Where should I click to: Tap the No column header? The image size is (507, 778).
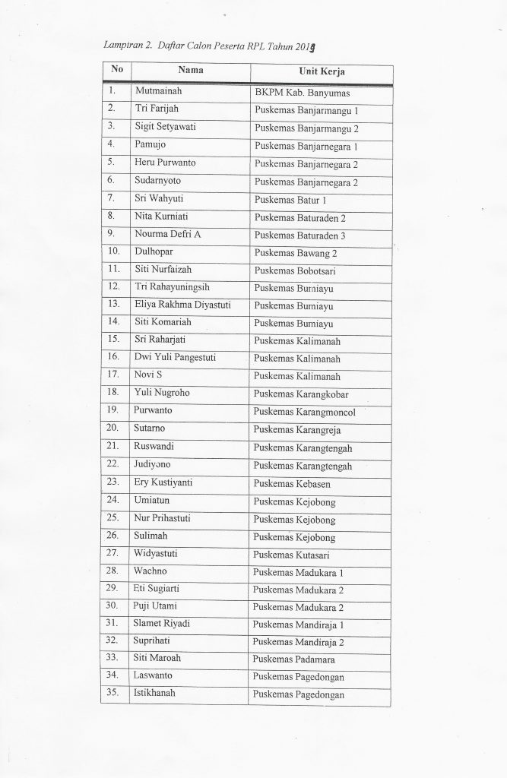(116, 70)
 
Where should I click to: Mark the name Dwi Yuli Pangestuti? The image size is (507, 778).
(182, 357)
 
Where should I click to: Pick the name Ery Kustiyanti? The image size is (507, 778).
(166, 481)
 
